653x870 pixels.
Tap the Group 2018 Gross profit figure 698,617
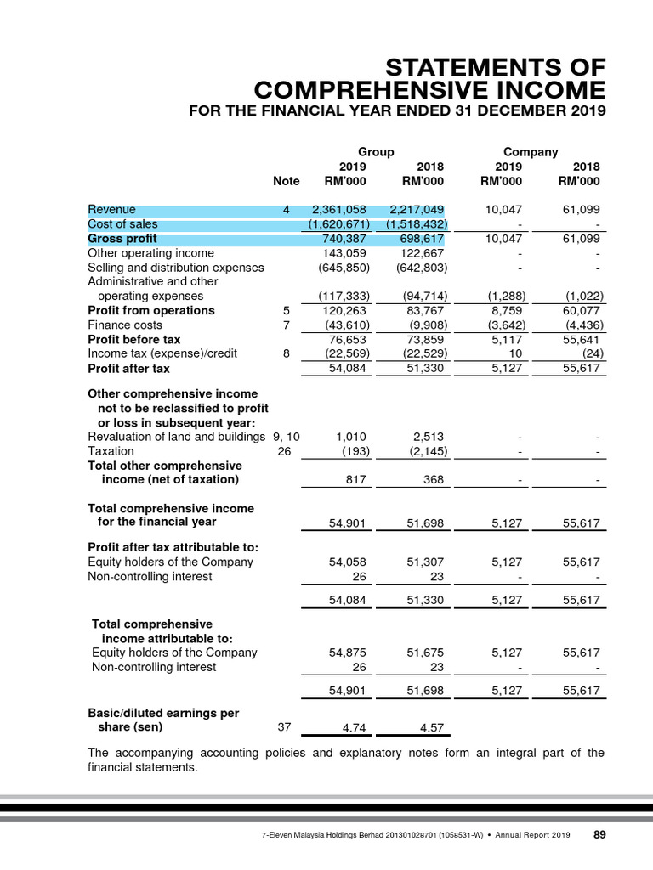tap(422, 239)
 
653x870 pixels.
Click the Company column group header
tap(531, 152)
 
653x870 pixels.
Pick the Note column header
tap(287, 181)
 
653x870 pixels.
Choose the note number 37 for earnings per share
tap(285, 727)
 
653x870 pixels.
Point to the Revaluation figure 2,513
tap(427, 437)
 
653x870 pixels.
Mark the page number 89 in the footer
tap(599, 835)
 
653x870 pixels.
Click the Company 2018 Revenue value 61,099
tap(582, 210)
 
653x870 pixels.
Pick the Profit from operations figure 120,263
tap(345, 310)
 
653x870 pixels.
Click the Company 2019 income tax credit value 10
tap(515, 353)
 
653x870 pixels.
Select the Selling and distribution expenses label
tap(176, 268)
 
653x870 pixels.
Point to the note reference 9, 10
tap(287, 437)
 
